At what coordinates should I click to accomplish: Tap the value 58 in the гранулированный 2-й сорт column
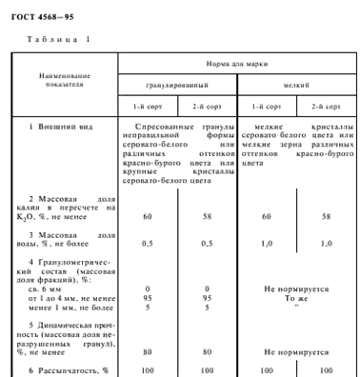(207, 217)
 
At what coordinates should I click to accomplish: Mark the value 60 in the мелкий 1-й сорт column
(266, 217)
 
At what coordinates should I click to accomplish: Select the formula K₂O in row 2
(42, 217)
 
